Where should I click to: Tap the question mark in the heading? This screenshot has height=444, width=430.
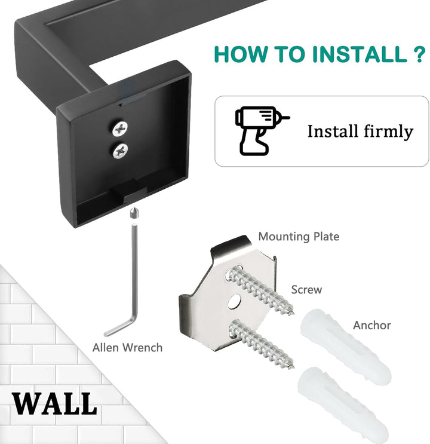tap(419, 54)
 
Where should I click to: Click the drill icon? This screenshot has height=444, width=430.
tap(261, 131)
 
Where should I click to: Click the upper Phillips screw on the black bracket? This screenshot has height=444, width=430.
tap(120, 129)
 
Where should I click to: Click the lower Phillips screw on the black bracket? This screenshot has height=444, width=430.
tap(120, 151)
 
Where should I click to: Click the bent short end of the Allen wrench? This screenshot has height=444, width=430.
tap(119, 329)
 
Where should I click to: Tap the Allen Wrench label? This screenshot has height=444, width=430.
tap(127, 347)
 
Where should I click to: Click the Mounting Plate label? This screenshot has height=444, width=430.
tap(299, 237)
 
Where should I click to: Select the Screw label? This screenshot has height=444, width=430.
tap(306, 290)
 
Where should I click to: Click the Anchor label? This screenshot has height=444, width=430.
tap(371, 325)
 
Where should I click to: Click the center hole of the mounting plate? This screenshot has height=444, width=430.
tap(234, 302)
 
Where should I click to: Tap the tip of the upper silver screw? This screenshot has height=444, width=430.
tap(293, 314)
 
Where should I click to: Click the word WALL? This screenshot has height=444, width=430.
tap(54, 404)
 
